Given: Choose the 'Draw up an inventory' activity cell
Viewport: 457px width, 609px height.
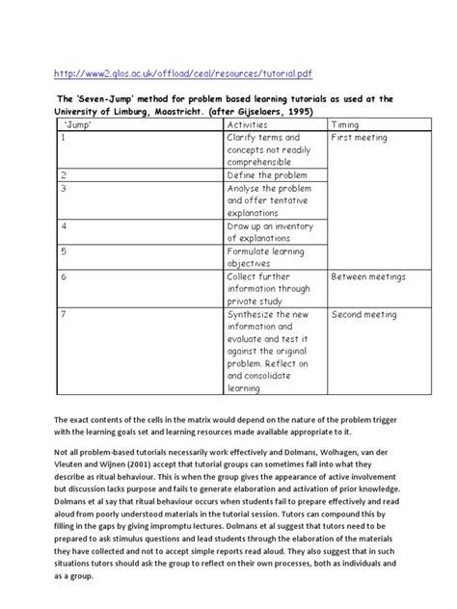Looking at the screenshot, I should click(273, 232).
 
